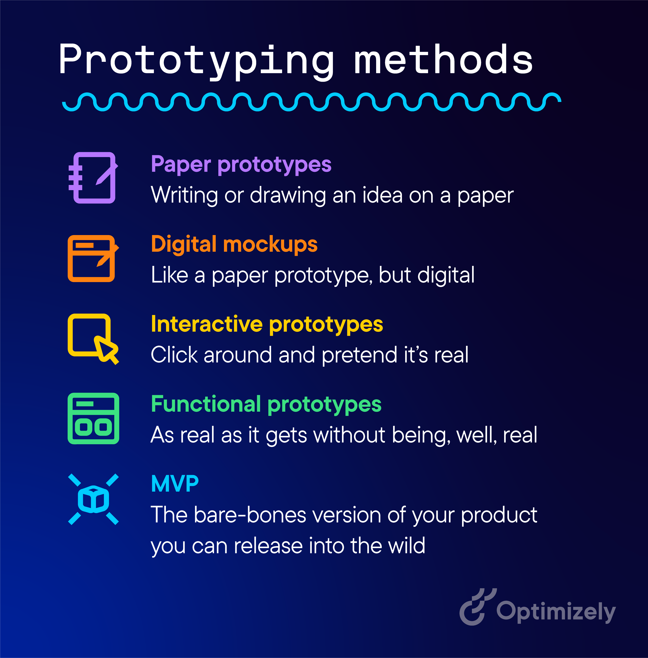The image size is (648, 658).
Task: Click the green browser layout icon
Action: [93, 418]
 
